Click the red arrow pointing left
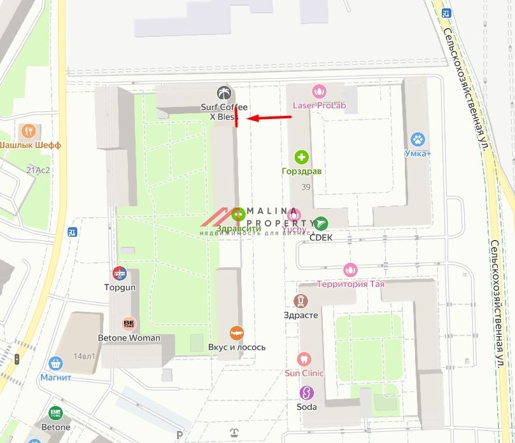(268, 117)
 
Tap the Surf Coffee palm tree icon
(223, 93)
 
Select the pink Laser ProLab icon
(319, 92)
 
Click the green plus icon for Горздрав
(302, 157)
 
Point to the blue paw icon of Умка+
(418, 139)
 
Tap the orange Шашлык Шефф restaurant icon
(28, 131)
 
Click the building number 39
(306, 186)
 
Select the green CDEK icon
(321, 223)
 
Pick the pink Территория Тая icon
(350, 270)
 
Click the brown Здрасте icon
(300, 301)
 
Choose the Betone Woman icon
(129, 324)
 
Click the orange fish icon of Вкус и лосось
(237, 333)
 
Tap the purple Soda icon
(307, 393)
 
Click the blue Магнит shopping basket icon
(56, 363)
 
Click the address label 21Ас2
(38, 170)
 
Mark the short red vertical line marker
(236, 117)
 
